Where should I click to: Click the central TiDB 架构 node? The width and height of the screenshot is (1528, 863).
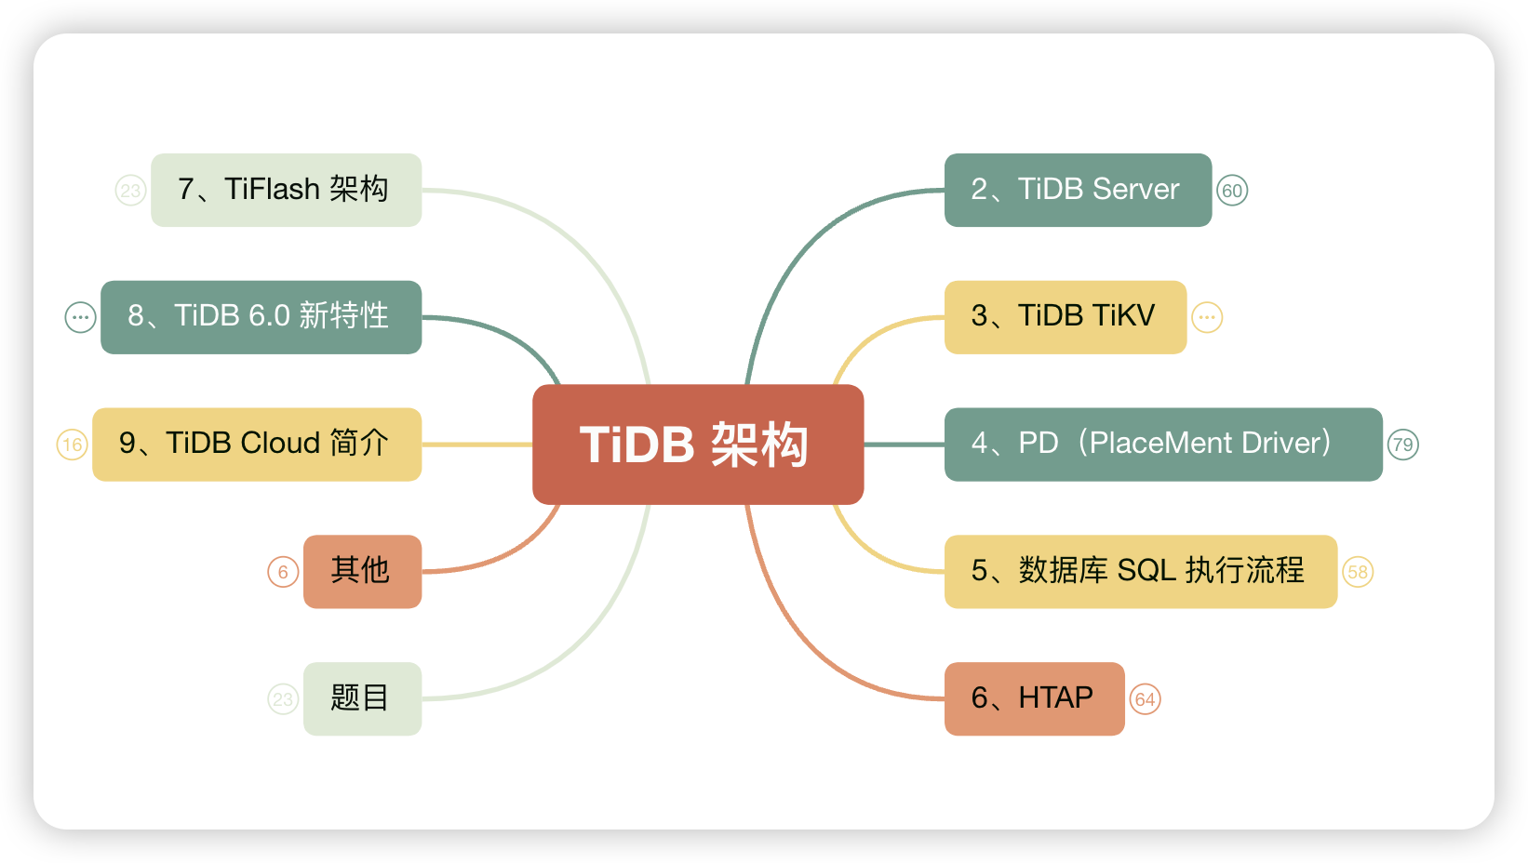coord(698,445)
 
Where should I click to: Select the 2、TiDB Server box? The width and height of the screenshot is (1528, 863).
coord(1078,190)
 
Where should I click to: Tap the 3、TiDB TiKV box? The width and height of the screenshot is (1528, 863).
coord(1065,317)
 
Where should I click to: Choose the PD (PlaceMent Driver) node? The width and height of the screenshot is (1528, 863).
coord(1162,445)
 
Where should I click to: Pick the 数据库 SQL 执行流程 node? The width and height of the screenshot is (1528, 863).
coord(1140,571)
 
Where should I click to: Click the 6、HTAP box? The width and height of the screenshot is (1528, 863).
coord(1034,698)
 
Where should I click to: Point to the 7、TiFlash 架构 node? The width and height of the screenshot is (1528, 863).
coord(286,190)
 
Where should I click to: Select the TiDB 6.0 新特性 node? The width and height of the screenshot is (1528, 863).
coord(261,317)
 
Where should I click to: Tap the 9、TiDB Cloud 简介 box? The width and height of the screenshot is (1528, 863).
coord(256,445)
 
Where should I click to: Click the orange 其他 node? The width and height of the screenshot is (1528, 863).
coord(362,571)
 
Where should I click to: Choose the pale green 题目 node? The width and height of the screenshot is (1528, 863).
coord(362,698)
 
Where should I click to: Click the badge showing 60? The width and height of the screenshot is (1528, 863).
coord(1232,191)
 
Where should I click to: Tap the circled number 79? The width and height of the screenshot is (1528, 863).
coord(1402,445)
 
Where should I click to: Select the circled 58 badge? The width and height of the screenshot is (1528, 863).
coord(1358,572)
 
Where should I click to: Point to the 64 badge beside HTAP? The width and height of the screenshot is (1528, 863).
coord(1145,699)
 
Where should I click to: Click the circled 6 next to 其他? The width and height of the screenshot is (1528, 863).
coord(283,572)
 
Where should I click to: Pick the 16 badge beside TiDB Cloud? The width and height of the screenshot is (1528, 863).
coord(73,445)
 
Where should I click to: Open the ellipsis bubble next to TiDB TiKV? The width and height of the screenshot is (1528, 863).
coord(1207,317)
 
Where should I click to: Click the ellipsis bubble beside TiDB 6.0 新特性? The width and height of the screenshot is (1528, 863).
coord(80,317)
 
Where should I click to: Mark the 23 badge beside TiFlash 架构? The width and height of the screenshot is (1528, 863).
coord(130,191)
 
